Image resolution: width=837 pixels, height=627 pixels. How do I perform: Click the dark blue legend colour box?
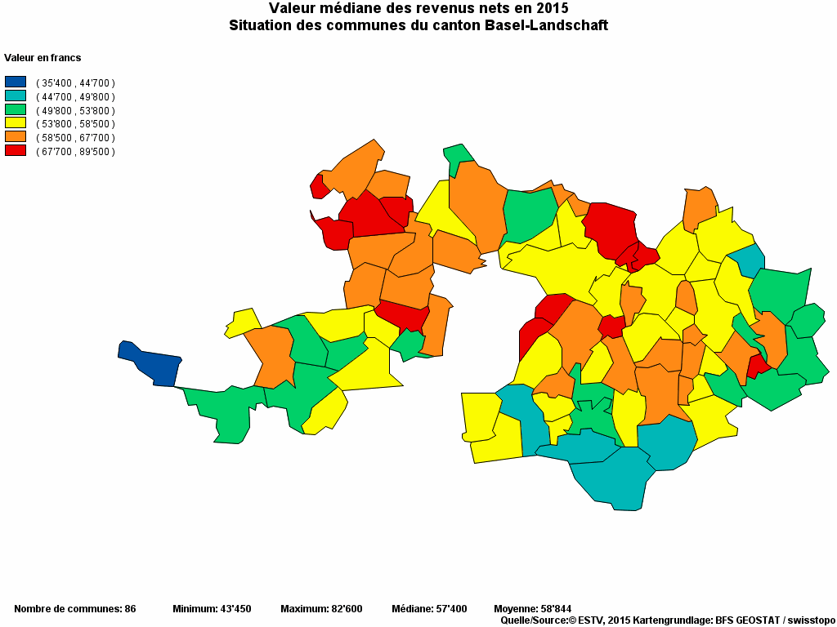(16, 82)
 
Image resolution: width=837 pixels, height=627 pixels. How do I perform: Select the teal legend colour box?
(16, 96)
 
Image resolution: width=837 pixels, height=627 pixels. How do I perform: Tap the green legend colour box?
(16, 110)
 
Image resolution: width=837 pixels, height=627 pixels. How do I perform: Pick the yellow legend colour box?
(16, 124)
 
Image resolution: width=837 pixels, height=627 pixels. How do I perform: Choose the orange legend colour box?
(16, 137)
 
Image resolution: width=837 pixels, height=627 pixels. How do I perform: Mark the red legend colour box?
(16, 151)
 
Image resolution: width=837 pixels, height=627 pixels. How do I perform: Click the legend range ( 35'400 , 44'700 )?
(75, 83)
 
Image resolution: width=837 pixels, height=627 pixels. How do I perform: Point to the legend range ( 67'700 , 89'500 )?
(75, 152)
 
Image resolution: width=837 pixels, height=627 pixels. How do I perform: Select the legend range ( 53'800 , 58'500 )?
(75, 124)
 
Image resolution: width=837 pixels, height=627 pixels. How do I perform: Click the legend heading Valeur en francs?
(43, 58)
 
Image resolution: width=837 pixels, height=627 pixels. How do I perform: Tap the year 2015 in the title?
(552, 8)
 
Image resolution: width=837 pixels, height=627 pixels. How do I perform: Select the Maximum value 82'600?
(345, 609)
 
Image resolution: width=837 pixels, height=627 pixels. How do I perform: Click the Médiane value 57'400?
(450, 609)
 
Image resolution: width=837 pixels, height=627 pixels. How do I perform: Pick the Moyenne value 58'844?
(555, 609)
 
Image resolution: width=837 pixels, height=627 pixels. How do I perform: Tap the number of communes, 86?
(130, 609)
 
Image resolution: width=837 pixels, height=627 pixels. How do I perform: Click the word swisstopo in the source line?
(809, 620)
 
